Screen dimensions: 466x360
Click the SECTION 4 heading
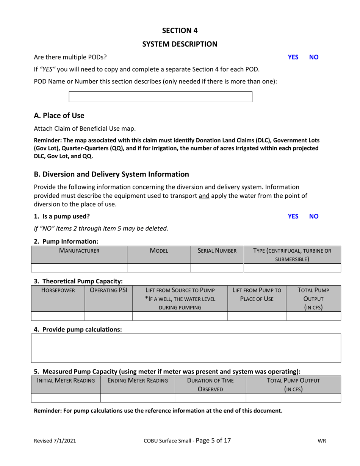pyautogui.click(x=180, y=30)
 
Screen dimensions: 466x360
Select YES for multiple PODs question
pyautogui.click(x=293, y=57)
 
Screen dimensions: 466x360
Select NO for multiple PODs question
pyautogui.click(x=314, y=57)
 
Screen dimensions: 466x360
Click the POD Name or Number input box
pyautogui.click(x=160, y=97)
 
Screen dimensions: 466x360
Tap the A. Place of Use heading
pyautogui.click(x=59, y=115)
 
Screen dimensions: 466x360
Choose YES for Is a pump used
pyautogui.click(x=293, y=216)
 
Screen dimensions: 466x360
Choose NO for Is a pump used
pyautogui.click(x=314, y=216)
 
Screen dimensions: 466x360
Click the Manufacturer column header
pyautogui.click(x=79, y=250)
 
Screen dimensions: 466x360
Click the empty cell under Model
pyautogui.click(x=158, y=268)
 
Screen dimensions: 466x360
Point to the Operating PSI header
pyautogui.click(x=108, y=291)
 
